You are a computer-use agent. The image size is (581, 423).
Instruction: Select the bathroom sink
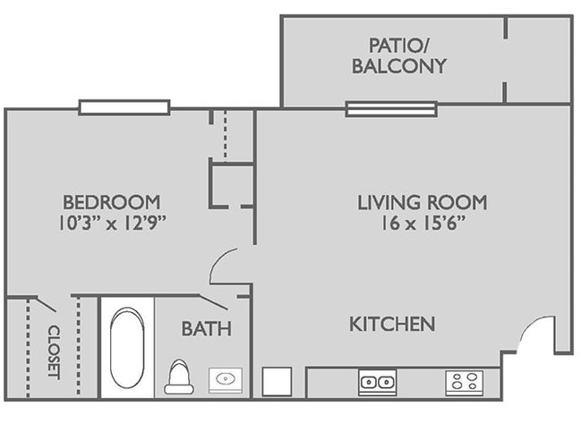click(x=224, y=379)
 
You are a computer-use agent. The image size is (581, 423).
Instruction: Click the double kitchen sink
click(x=377, y=382)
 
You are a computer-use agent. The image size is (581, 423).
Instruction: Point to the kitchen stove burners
click(x=464, y=382)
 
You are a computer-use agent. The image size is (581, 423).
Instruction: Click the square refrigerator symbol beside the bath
click(x=278, y=381)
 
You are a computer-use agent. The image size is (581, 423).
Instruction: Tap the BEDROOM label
click(x=111, y=201)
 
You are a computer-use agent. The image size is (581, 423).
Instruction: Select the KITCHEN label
click(x=392, y=324)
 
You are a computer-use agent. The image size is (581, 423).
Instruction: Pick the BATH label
click(x=206, y=329)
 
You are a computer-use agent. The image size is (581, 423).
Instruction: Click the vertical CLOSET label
click(x=53, y=351)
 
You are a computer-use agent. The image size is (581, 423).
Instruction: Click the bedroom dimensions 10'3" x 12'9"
click(x=111, y=223)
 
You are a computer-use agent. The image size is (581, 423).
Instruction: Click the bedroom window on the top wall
click(x=124, y=107)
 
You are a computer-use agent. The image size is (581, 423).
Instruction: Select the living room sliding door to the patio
click(x=391, y=109)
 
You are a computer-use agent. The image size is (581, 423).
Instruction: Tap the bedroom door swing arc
click(x=225, y=266)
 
